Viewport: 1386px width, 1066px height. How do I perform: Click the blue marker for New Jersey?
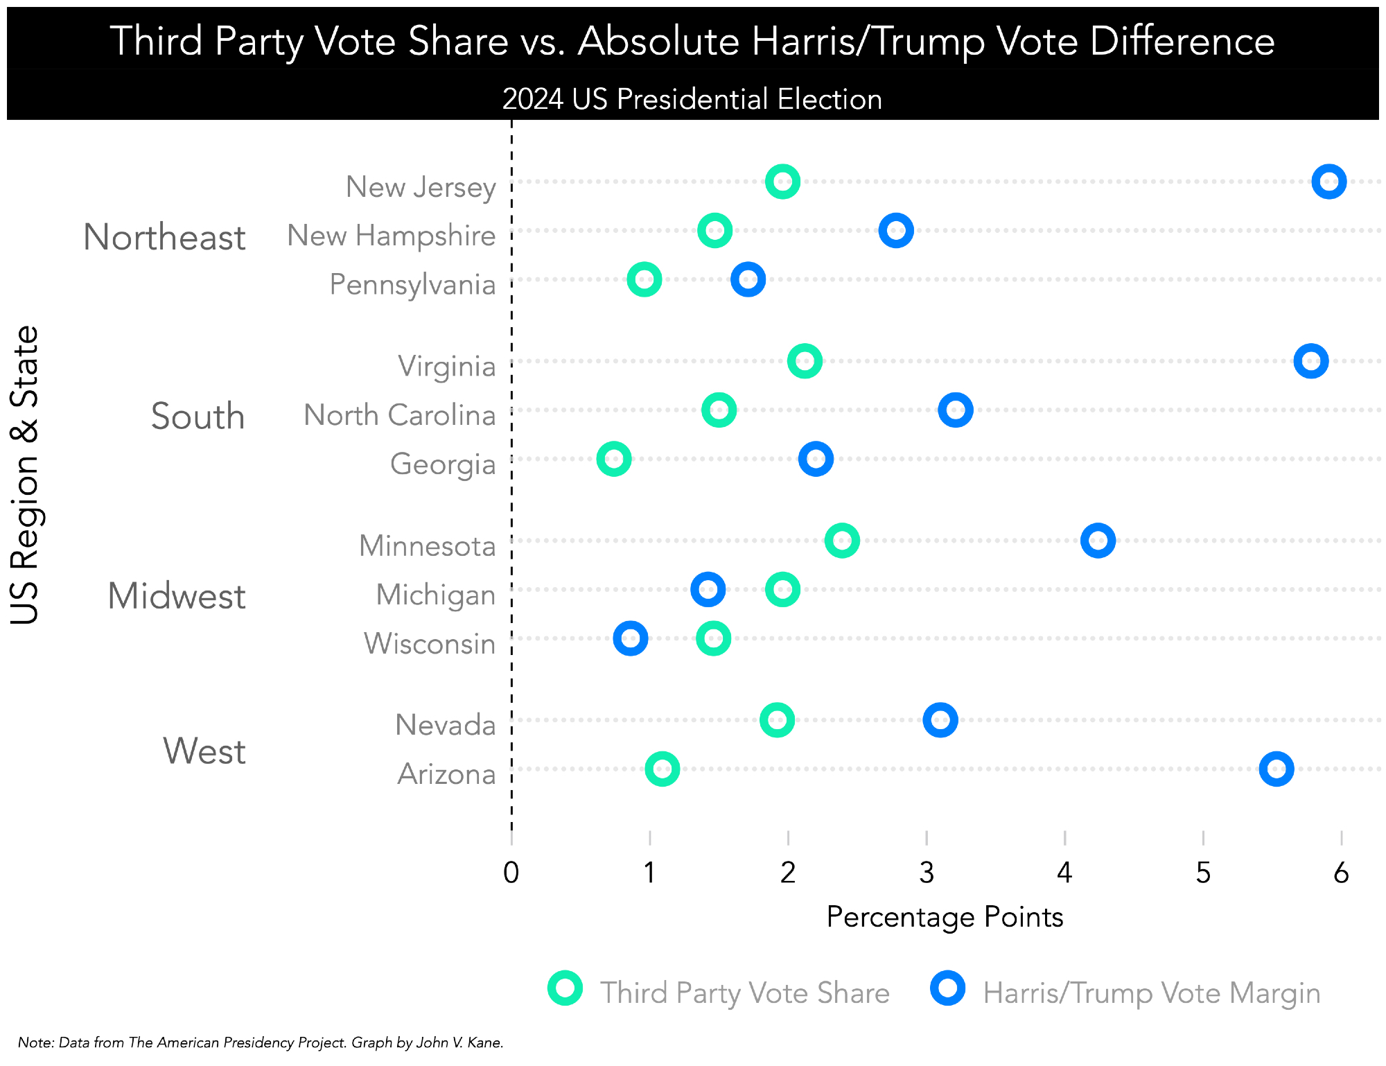pyautogui.click(x=1328, y=182)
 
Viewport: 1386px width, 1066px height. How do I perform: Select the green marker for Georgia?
pyautogui.click(x=614, y=459)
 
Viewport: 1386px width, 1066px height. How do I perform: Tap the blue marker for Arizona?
pyautogui.click(x=1276, y=769)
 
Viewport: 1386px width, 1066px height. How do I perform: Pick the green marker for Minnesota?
pyautogui.click(x=842, y=541)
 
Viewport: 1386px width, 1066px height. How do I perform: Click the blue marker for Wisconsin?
pyautogui.click(x=631, y=638)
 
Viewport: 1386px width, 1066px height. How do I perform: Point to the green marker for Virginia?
pyautogui.click(x=805, y=361)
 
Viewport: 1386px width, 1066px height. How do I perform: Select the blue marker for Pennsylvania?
pyautogui.click(x=748, y=279)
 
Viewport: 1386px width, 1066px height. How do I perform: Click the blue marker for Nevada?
pyautogui.click(x=940, y=720)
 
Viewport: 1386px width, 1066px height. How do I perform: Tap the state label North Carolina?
pyautogui.click(x=400, y=415)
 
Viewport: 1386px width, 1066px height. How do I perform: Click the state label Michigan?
pyautogui.click(x=436, y=595)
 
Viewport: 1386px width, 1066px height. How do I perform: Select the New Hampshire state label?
pyautogui.click(x=392, y=236)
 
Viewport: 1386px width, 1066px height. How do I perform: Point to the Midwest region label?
pyautogui.click(x=177, y=596)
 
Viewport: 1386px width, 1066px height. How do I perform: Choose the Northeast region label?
pyautogui.click(x=164, y=237)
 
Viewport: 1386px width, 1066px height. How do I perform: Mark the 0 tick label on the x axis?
pyautogui.click(x=511, y=873)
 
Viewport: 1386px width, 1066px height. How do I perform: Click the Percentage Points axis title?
pyautogui.click(x=945, y=917)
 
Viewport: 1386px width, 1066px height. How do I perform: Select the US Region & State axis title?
pyautogui.click(x=25, y=475)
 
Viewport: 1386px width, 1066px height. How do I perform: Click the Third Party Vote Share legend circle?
pyautogui.click(x=565, y=988)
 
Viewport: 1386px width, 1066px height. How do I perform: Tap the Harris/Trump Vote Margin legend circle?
pyautogui.click(x=948, y=988)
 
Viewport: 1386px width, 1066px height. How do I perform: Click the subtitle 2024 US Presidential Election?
pyautogui.click(x=692, y=99)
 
